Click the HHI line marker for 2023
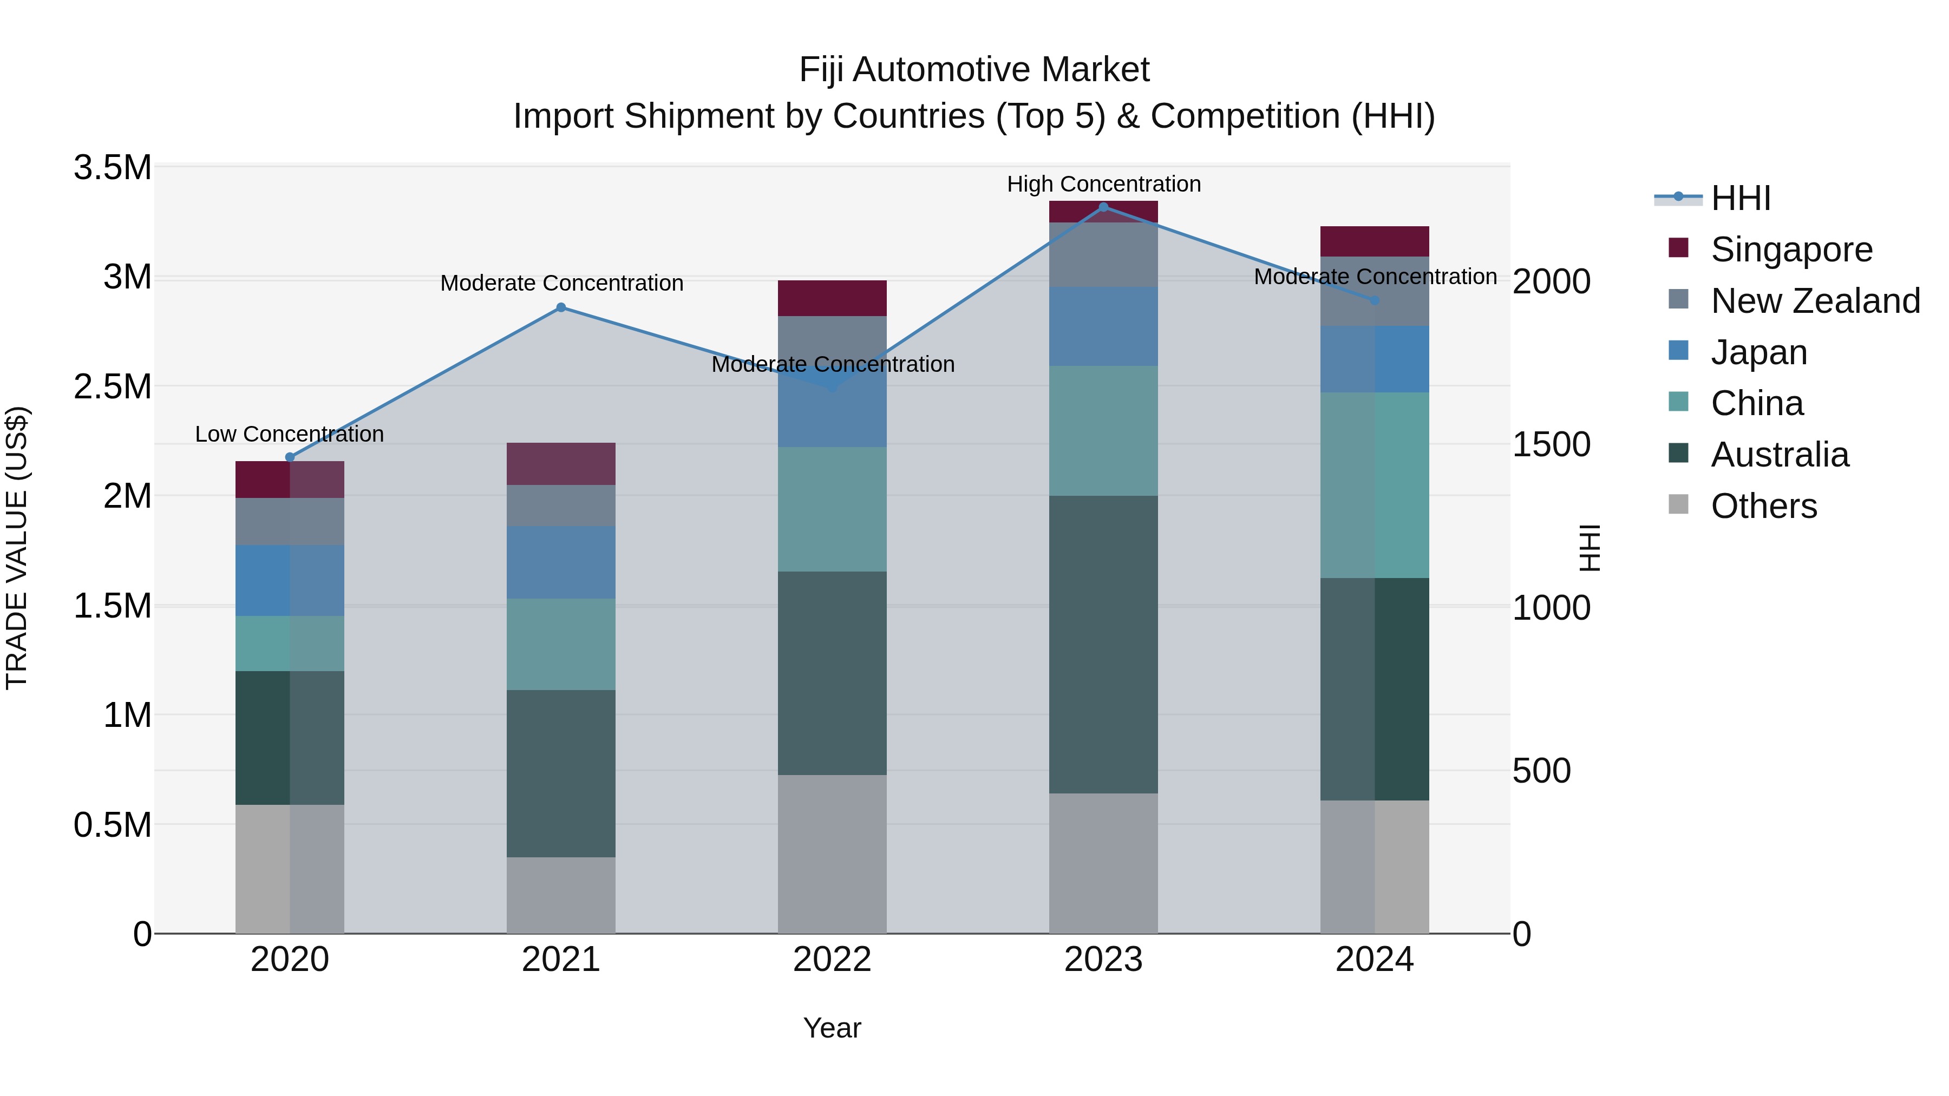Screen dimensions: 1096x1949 1103,207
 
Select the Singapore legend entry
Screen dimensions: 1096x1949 1791,250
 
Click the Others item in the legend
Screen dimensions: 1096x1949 1763,506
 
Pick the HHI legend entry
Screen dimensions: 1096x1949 1740,198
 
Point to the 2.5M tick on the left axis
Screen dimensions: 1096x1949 113,386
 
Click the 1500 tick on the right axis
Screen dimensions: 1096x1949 1551,445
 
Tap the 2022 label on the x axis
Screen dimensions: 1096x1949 832,960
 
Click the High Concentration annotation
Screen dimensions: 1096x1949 1103,184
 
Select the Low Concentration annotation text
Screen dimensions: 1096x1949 289,434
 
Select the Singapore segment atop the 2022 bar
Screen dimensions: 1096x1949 832,298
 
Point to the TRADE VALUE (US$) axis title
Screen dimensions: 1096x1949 17,548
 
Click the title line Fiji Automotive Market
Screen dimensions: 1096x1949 974,70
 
